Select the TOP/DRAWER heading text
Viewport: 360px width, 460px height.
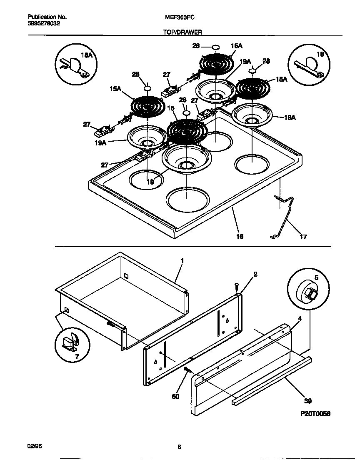point(182,32)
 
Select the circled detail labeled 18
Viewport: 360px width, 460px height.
point(309,64)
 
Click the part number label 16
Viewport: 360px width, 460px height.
point(240,236)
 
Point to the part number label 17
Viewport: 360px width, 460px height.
point(303,237)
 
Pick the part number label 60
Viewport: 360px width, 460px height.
point(175,396)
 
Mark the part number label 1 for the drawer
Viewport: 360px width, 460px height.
point(182,260)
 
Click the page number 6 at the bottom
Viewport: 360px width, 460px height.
point(179,447)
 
